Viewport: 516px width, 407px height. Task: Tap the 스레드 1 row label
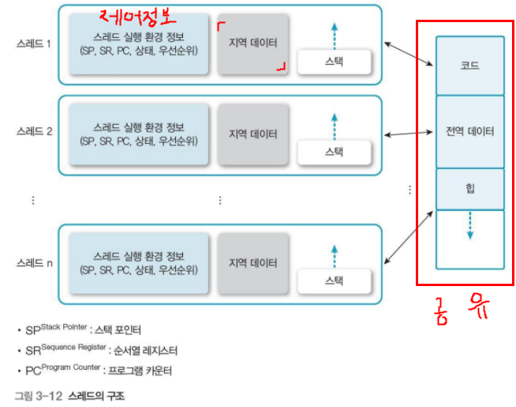(34, 44)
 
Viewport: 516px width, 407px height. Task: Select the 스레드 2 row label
(34, 132)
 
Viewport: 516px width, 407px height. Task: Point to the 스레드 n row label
(34, 262)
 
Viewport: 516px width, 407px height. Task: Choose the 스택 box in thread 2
(334, 151)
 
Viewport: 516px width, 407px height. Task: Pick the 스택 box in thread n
(334, 280)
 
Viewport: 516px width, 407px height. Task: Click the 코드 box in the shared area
(469, 66)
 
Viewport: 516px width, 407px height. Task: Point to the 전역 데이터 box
(469, 131)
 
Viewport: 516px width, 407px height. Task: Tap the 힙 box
(469, 189)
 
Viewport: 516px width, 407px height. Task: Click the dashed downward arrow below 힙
(469, 225)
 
